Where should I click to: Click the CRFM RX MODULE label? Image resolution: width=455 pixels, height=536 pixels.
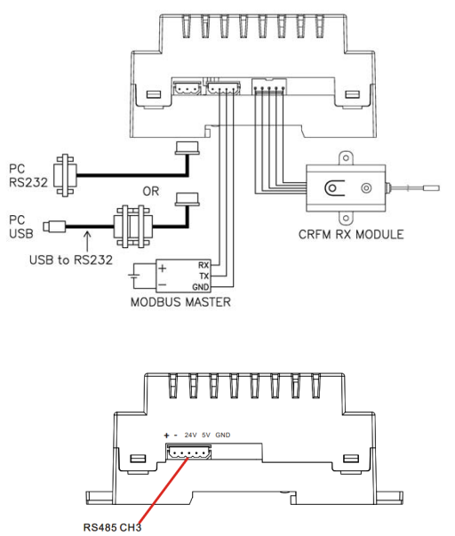click(351, 235)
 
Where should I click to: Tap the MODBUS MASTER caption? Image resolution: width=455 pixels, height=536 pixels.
click(180, 302)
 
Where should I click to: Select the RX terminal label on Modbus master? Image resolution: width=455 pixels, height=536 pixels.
click(204, 265)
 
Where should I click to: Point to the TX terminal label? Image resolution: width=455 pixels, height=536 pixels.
click(204, 276)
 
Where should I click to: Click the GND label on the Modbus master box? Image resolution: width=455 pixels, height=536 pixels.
click(201, 287)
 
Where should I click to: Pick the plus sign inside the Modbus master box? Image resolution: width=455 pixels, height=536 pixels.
click(163, 268)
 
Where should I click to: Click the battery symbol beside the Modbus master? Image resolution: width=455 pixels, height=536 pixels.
click(133, 276)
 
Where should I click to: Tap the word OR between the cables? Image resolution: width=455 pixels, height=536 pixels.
click(151, 191)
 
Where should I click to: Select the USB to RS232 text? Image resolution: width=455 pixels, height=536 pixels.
click(71, 260)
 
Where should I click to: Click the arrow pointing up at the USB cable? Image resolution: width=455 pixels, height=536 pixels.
click(88, 241)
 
